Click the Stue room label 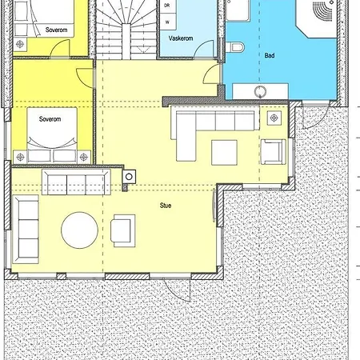(166, 206)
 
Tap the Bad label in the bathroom (270, 55)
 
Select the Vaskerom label (181, 38)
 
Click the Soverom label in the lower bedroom (50, 119)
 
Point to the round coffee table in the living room (79, 230)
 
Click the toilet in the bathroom (235, 47)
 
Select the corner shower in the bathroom (317, 18)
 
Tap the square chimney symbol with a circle (129, 177)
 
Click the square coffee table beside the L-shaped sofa (224, 153)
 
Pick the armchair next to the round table (123, 230)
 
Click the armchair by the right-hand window (274, 151)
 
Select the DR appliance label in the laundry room (167, 6)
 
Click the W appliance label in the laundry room (167, 22)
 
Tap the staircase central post (126, 42)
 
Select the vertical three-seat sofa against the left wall (26, 230)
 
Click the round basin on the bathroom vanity (260, 92)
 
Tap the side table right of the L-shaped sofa (274, 118)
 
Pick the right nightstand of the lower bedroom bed (84, 157)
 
